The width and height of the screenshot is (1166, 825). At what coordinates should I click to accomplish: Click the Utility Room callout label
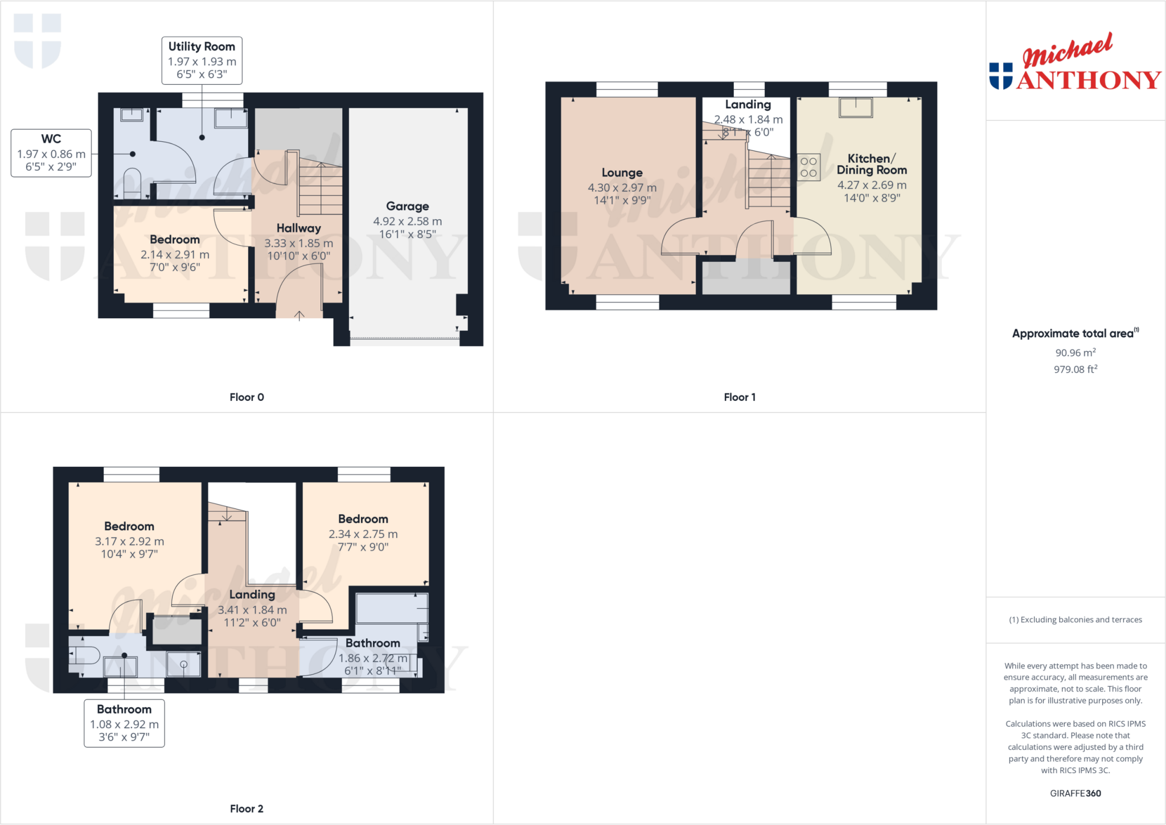[x=202, y=60]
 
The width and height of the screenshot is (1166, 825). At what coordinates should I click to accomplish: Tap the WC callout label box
[x=51, y=153]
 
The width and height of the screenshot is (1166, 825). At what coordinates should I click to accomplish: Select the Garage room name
[x=407, y=206]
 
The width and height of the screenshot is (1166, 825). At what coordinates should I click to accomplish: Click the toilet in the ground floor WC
[x=132, y=182]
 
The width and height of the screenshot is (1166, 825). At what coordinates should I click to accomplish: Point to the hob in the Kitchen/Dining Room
[x=808, y=167]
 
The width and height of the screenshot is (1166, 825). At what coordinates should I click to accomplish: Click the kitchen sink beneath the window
[x=855, y=107]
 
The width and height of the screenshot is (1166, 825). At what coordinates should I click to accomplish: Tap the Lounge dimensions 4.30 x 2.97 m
[x=622, y=187]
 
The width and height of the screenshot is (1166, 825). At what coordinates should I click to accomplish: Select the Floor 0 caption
[x=247, y=397]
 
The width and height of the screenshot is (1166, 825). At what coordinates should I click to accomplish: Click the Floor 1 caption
[x=740, y=397]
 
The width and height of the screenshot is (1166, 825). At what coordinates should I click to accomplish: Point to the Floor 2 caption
[x=247, y=808]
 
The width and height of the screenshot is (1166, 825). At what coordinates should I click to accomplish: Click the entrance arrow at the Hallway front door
[x=299, y=315]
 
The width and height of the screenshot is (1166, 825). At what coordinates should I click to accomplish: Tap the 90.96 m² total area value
[x=1075, y=352]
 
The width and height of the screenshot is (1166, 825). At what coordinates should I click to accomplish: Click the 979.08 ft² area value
[x=1075, y=369]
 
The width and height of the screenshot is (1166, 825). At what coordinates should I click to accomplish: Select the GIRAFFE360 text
[x=1075, y=793]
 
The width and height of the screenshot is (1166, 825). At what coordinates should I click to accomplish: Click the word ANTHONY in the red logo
[x=1089, y=80]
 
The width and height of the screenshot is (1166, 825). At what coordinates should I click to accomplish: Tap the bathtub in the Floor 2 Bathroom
[x=392, y=608]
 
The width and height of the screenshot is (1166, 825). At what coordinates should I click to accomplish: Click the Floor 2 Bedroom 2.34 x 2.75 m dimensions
[x=363, y=534]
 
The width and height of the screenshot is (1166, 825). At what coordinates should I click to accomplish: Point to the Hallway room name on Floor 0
[x=298, y=228]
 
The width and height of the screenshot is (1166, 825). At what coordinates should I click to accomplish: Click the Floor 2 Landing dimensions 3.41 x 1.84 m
[x=252, y=610]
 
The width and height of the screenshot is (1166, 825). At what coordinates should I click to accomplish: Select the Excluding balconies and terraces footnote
[x=1075, y=619]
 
